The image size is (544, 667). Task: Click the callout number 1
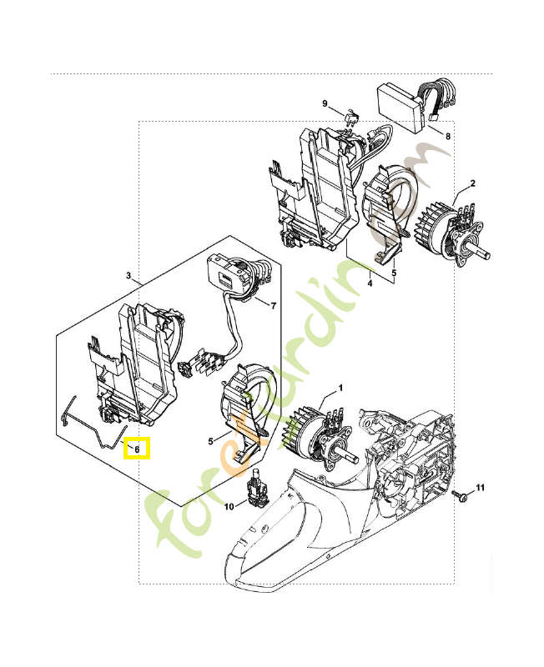pyautogui.click(x=340, y=389)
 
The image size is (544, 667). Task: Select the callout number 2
pyautogui.click(x=472, y=183)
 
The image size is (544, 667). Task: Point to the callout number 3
pyautogui.click(x=128, y=275)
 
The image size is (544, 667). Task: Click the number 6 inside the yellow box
pyautogui.click(x=137, y=449)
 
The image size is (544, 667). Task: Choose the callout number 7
pyautogui.click(x=273, y=306)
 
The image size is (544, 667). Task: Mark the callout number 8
pyautogui.click(x=447, y=135)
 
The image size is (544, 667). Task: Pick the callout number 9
pyautogui.click(x=325, y=103)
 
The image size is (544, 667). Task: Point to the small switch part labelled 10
pyautogui.click(x=254, y=489)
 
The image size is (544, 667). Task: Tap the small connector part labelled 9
pyautogui.click(x=351, y=116)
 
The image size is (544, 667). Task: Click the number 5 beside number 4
pyautogui.click(x=395, y=271)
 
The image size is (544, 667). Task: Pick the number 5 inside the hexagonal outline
pyautogui.click(x=212, y=440)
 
